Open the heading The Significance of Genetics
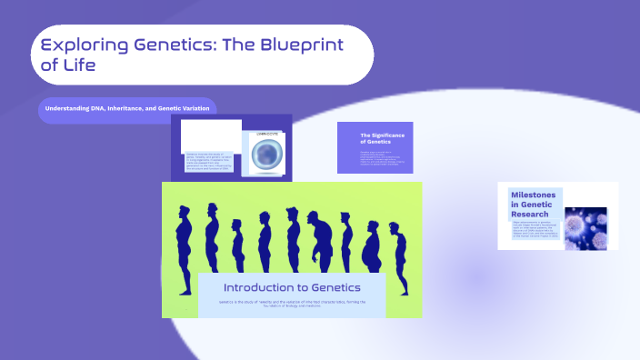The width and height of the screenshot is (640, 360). pos(382,138)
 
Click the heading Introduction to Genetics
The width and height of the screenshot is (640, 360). pos(292,287)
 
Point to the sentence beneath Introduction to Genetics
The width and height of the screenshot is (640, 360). pos(292,304)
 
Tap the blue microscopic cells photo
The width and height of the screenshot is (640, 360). pos(585,217)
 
